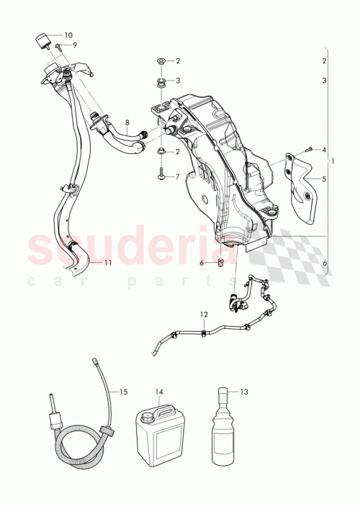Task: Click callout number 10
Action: coord(68,35)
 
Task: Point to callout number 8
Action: coord(127,123)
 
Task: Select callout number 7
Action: coord(177,175)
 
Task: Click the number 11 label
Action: coord(107,263)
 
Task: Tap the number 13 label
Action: coord(243,392)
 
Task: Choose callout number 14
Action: coord(158,392)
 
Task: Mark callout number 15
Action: coord(123,392)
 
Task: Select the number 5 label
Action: coord(325,179)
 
